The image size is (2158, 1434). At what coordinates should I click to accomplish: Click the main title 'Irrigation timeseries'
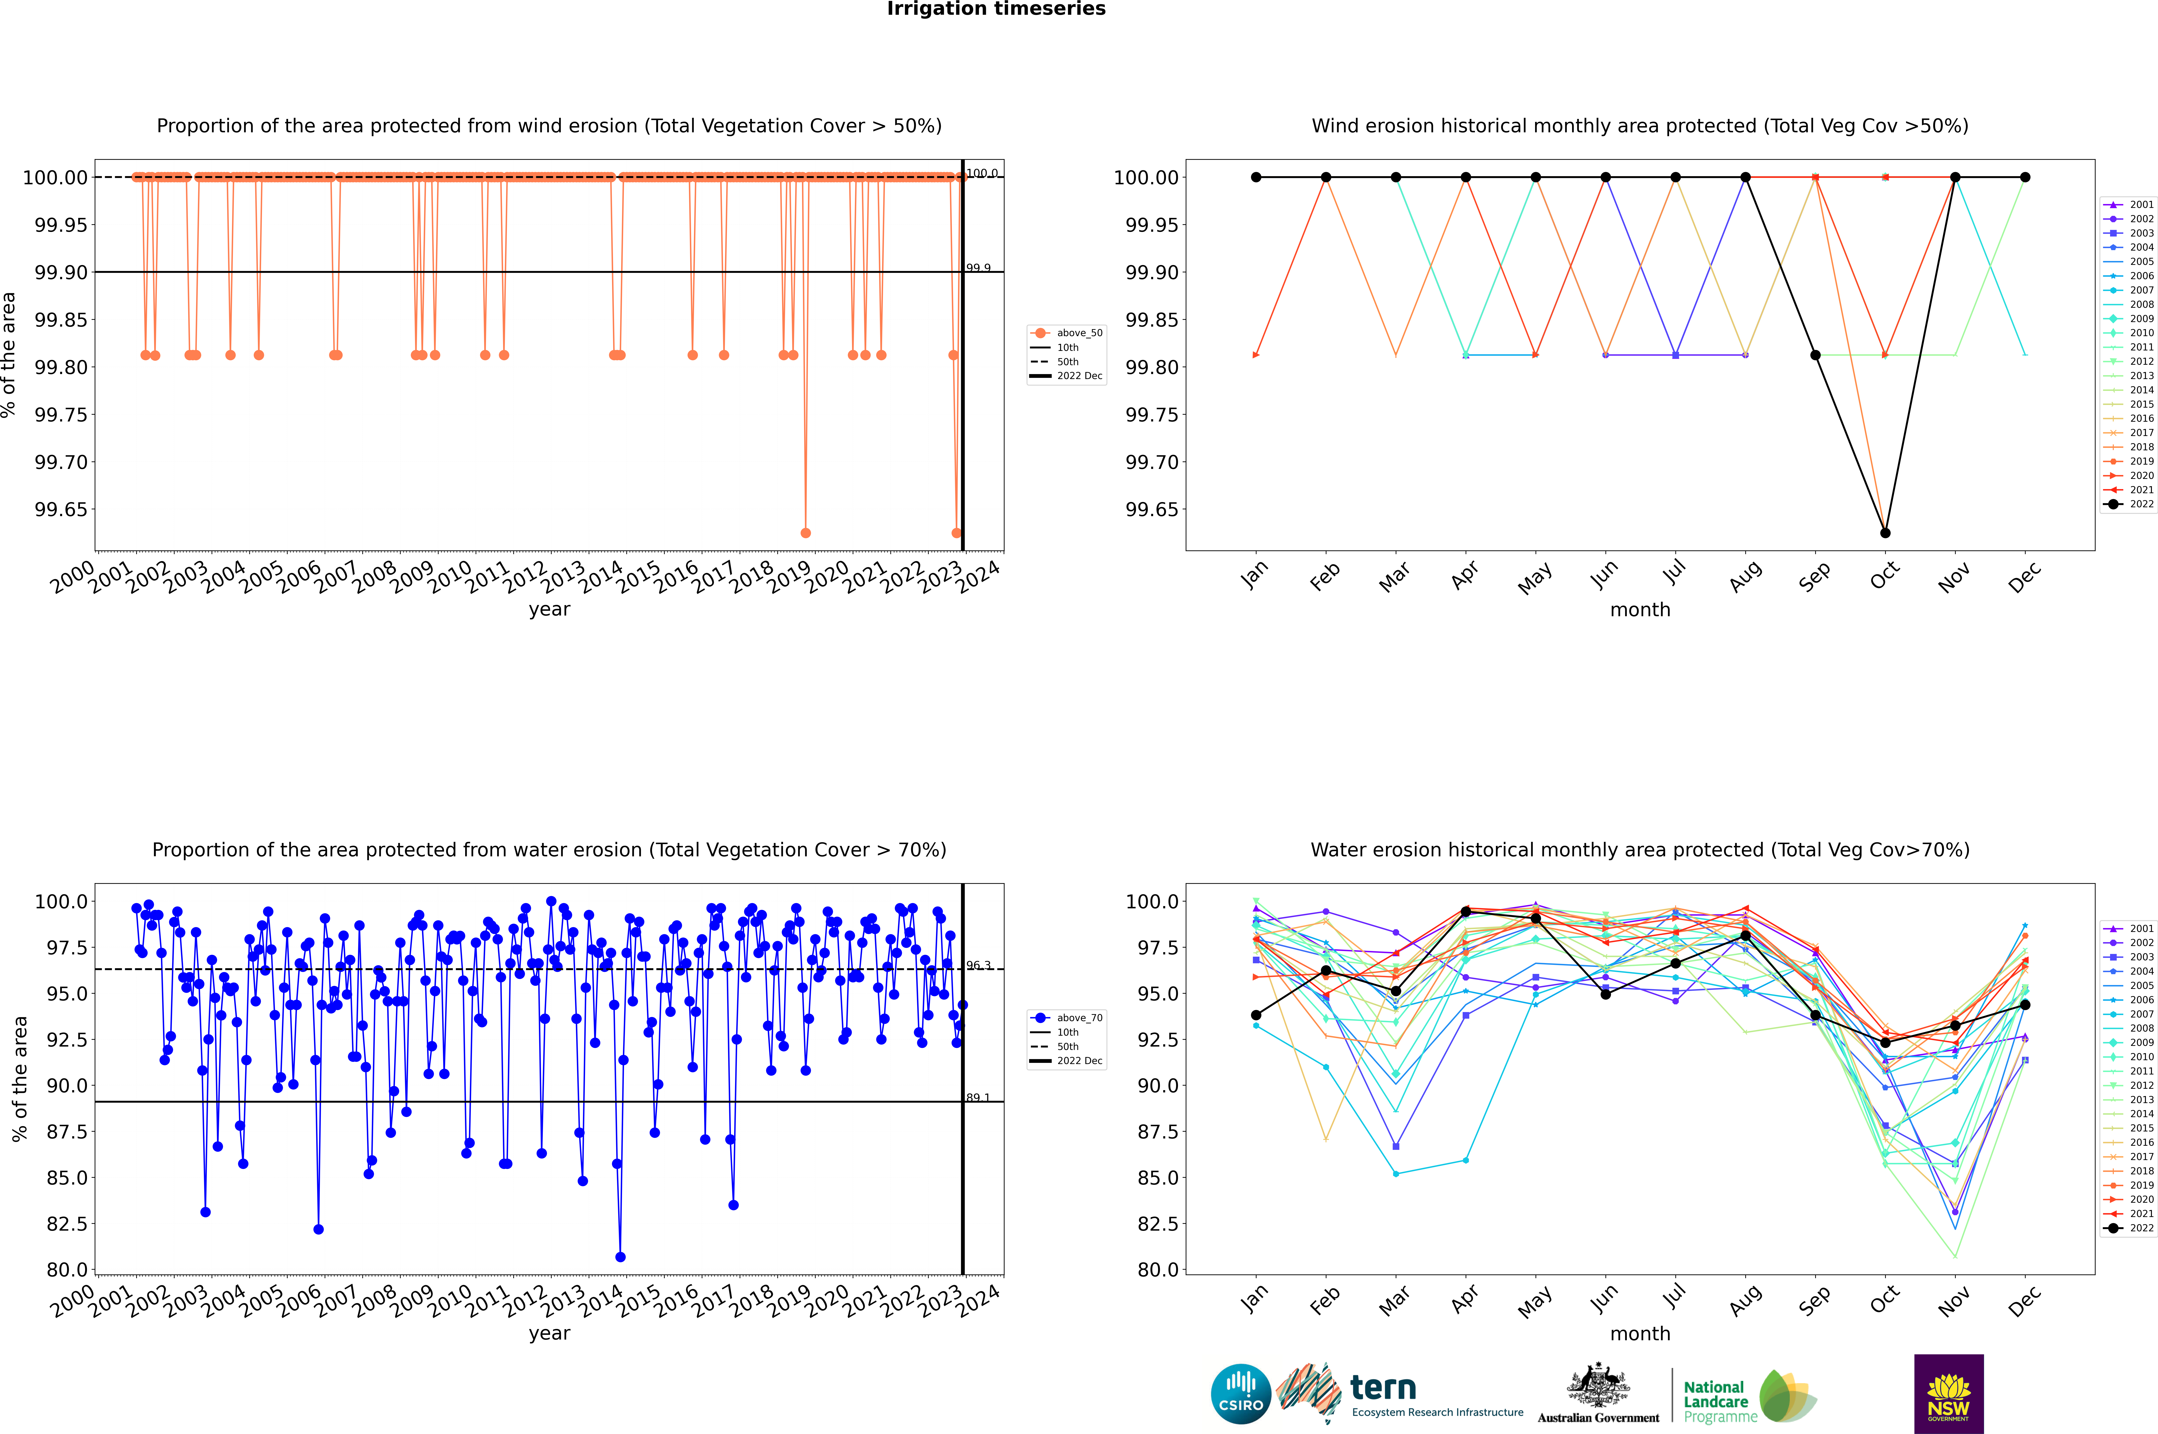996,9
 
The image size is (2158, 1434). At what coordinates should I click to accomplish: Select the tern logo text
1383,1388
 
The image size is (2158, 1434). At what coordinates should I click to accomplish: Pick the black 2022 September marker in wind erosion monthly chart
1816,355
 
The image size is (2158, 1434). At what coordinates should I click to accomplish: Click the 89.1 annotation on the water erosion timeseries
978,1097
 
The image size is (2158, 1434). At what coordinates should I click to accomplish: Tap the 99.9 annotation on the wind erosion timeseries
978,268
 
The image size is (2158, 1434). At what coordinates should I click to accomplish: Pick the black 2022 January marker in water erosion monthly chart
1256,1015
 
